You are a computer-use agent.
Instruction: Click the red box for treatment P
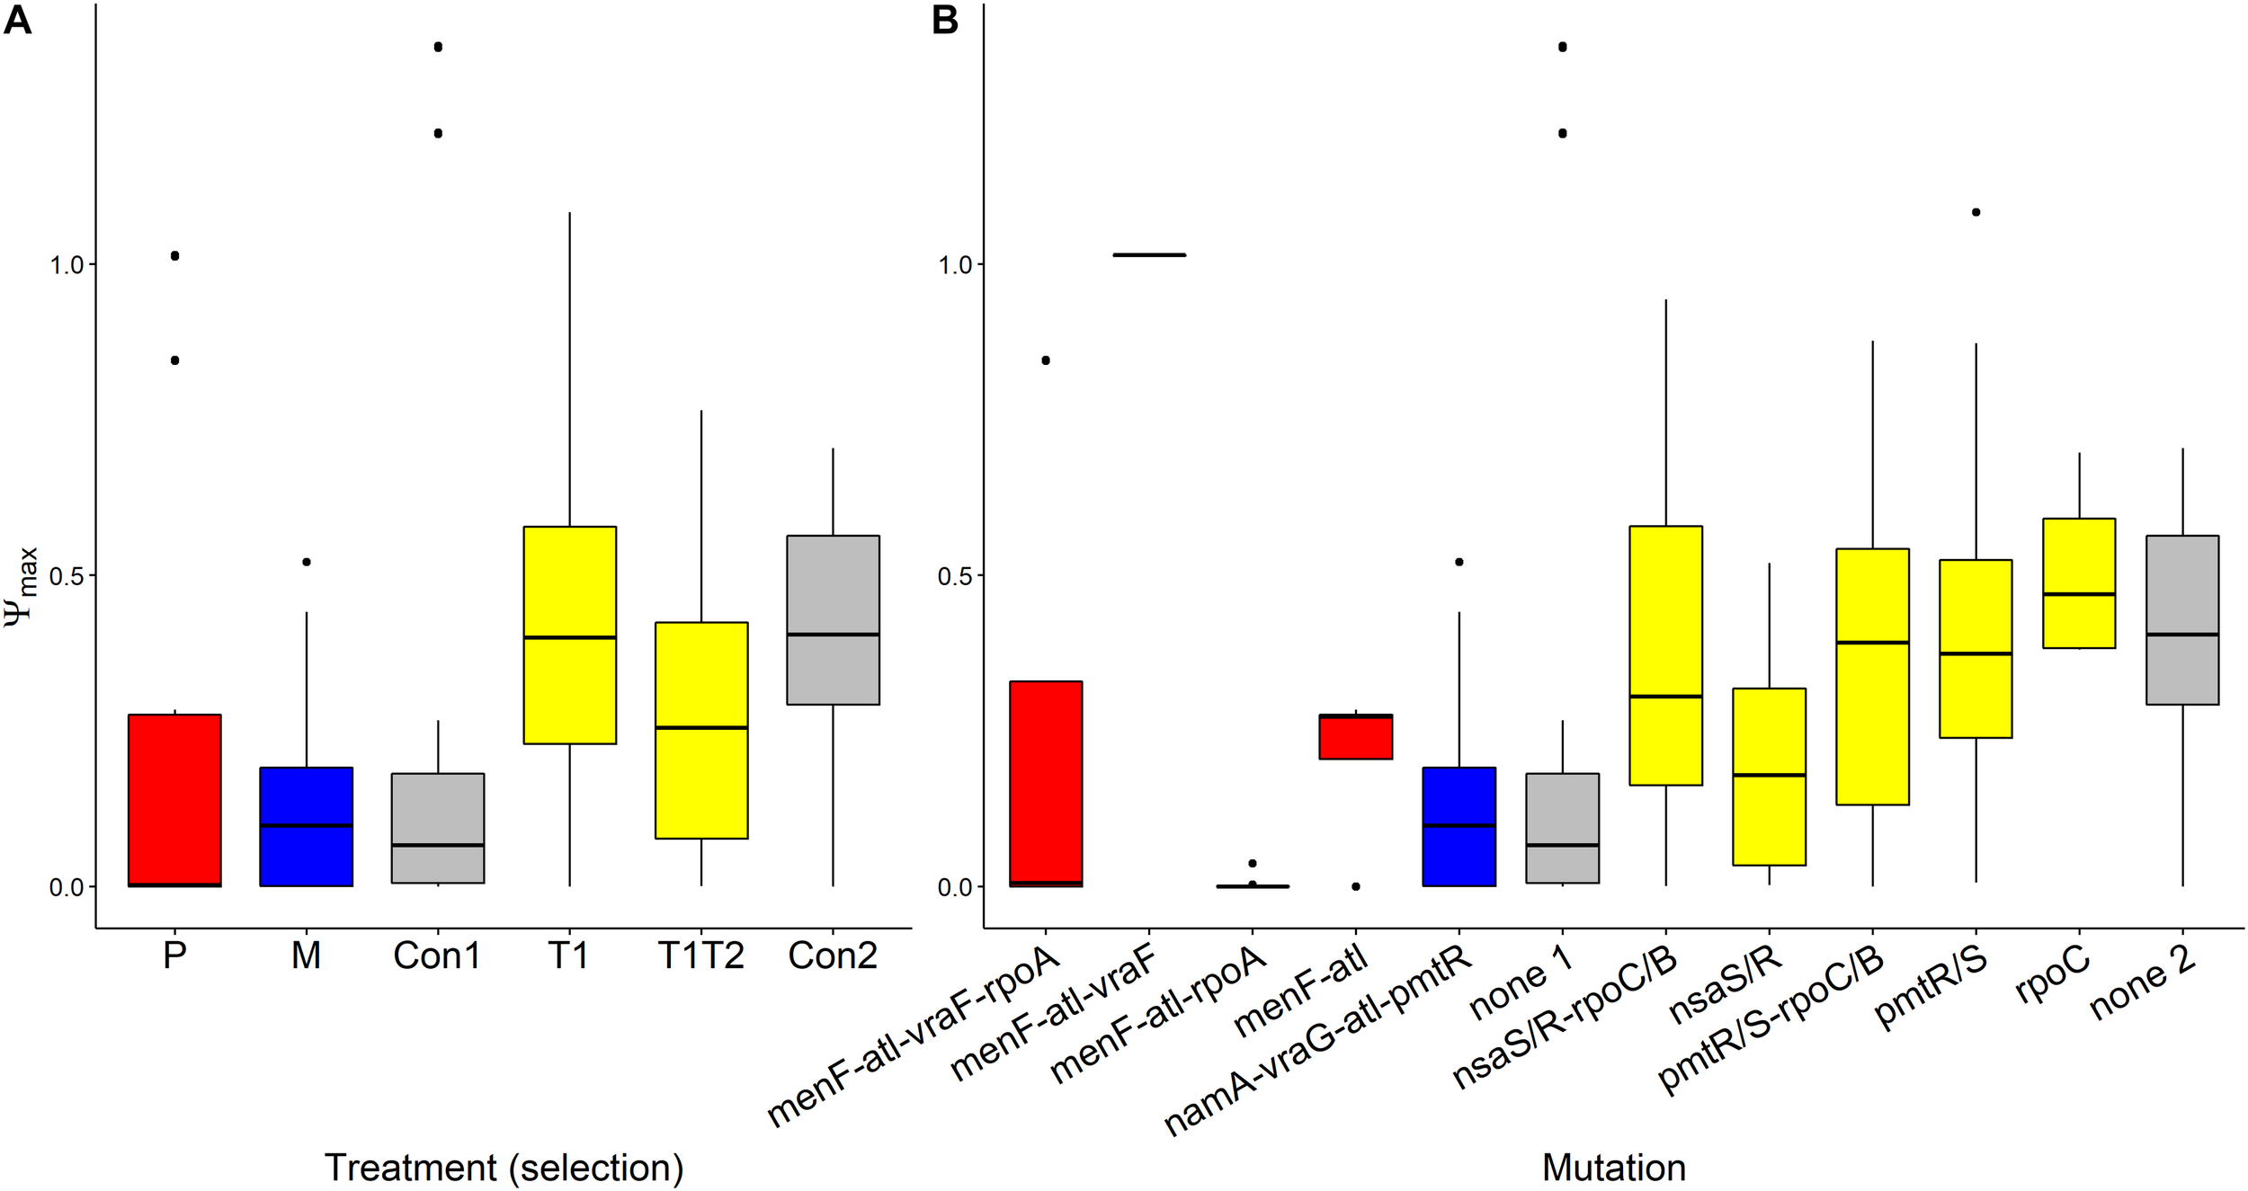(174, 799)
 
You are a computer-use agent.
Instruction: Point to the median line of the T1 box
(569, 637)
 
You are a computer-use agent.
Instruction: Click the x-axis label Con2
(832, 955)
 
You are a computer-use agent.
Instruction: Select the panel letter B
(944, 20)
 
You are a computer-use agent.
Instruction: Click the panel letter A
(17, 20)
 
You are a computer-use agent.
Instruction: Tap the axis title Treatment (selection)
(504, 1168)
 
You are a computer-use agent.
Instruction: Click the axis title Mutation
(1613, 1168)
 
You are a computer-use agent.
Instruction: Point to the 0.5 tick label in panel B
(955, 576)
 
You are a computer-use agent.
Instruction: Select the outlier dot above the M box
(306, 562)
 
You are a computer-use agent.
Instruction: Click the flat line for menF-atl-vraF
(1148, 255)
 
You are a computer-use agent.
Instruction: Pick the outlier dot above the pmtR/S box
(1976, 212)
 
